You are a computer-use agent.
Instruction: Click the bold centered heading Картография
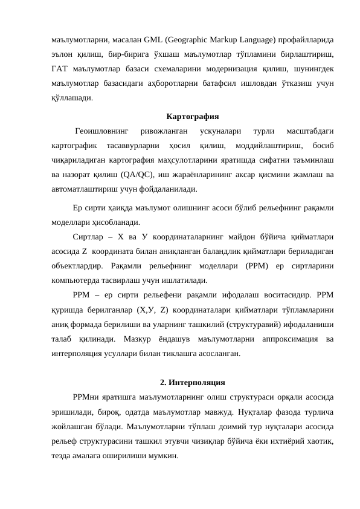pyautogui.click(x=192, y=116)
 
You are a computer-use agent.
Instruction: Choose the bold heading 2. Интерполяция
pyautogui.click(x=193, y=382)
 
